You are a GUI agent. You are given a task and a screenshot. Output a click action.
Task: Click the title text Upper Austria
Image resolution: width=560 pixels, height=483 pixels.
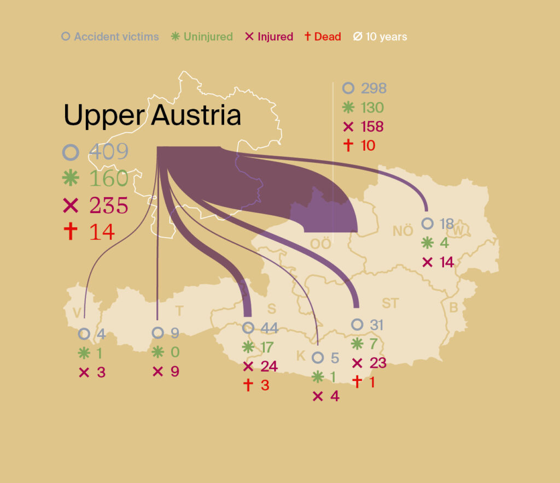(152, 116)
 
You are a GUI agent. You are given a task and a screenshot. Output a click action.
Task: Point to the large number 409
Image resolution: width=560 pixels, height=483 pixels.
(108, 152)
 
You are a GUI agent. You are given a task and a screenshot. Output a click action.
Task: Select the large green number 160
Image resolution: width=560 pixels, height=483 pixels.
(108, 179)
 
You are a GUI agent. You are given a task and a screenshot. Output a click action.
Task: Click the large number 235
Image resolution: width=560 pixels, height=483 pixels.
(108, 205)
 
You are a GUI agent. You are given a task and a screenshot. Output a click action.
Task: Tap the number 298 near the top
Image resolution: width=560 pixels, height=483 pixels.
(372, 88)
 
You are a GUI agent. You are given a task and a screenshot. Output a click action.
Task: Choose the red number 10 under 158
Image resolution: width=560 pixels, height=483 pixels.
(368, 146)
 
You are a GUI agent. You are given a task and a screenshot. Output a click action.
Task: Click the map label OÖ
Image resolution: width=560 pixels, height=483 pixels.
(321, 244)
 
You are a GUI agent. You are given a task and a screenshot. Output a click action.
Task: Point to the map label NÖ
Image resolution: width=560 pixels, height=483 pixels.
(403, 231)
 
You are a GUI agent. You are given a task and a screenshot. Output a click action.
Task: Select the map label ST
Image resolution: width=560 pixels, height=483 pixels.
(390, 303)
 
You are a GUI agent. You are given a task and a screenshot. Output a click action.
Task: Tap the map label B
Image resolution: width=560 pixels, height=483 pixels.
(453, 308)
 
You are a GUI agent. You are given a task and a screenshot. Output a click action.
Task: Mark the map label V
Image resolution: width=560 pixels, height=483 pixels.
(77, 312)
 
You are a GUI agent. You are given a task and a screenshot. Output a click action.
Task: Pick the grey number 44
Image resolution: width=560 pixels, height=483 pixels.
(269, 328)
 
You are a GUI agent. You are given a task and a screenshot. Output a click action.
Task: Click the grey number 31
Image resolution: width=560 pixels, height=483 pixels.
(376, 325)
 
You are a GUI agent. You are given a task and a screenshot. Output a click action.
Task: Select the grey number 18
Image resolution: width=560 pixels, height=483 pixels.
(446, 224)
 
